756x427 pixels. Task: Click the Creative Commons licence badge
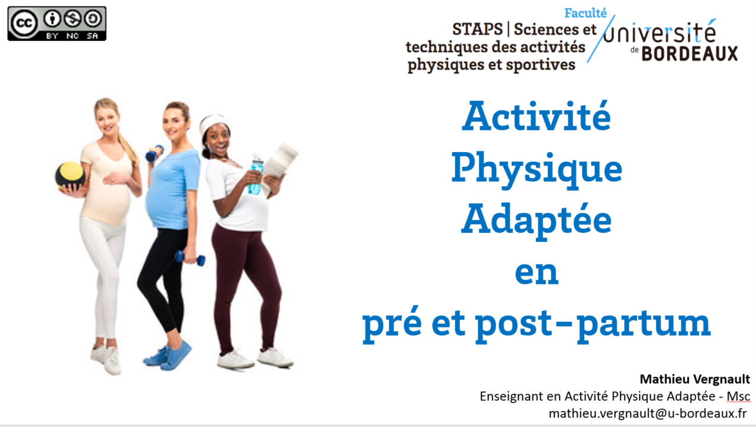point(56,24)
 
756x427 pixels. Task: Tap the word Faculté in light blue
point(585,13)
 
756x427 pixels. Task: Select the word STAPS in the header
point(477,29)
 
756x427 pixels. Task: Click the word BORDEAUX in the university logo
point(689,54)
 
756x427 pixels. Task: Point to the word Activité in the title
point(536,116)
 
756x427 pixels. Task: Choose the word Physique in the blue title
point(537,170)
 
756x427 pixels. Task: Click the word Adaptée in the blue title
point(536,221)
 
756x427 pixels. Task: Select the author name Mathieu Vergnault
point(695,379)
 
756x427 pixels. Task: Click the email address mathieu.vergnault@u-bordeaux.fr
point(648,413)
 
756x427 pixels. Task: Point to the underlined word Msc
point(738,396)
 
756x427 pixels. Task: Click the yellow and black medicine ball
point(70,176)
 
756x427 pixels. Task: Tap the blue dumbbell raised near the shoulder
point(155,153)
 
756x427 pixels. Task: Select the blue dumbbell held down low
point(190,258)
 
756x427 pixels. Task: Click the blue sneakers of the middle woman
point(168,356)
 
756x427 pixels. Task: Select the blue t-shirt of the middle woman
point(173,189)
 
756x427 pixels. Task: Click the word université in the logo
point(660,33)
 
